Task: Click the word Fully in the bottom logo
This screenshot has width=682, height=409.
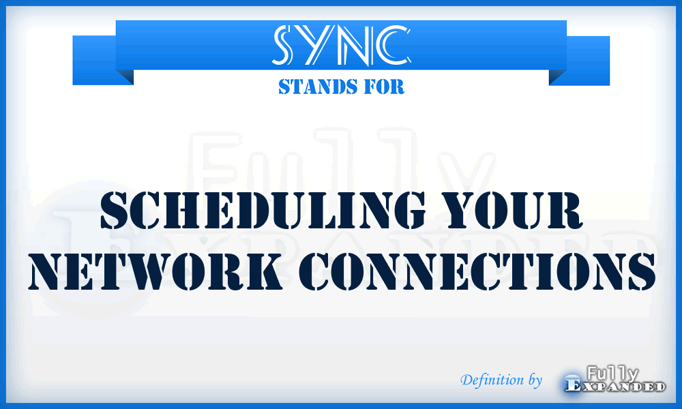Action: [x=612, y=373]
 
